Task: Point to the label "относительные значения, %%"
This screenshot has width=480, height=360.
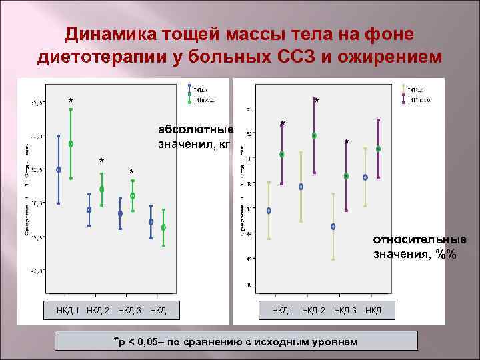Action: pos(419,246)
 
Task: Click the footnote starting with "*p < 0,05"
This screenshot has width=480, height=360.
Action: pos(237,341)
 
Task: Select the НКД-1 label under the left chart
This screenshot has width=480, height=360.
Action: pos(69,311)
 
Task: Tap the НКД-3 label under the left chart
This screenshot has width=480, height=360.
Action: pos(129,311)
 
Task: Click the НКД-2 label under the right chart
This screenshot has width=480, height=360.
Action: pos(313,311)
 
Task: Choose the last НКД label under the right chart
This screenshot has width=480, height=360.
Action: pos(373,311)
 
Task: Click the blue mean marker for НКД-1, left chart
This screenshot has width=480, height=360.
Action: pos(59,169)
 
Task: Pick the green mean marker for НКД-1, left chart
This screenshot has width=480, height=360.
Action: pos(71,143)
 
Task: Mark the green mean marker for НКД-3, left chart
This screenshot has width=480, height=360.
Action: pos(133,195)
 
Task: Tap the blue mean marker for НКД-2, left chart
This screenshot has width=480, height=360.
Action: pos(89,209)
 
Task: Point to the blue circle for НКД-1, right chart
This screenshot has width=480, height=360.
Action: pos(269,211)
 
